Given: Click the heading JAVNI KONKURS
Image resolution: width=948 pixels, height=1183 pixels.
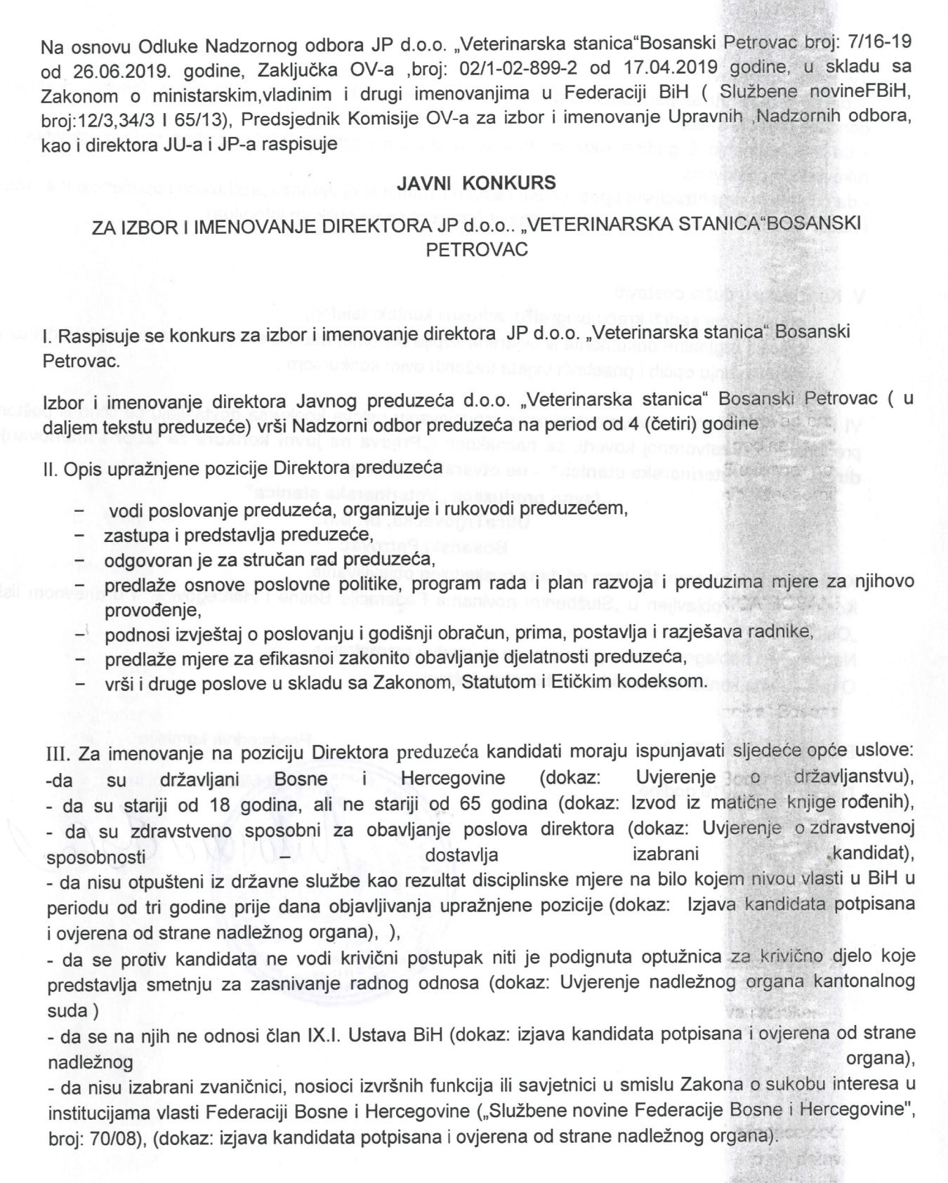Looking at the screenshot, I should coord(476,183).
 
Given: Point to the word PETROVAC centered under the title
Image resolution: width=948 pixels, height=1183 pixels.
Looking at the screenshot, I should coord(477,249).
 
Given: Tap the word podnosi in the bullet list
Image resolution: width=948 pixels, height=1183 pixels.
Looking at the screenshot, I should coord(132,633).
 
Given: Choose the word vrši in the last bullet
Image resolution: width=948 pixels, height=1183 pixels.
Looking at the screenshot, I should coord(119,681).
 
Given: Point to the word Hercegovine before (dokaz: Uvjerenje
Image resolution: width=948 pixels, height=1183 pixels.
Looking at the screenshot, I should coord(453,779).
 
